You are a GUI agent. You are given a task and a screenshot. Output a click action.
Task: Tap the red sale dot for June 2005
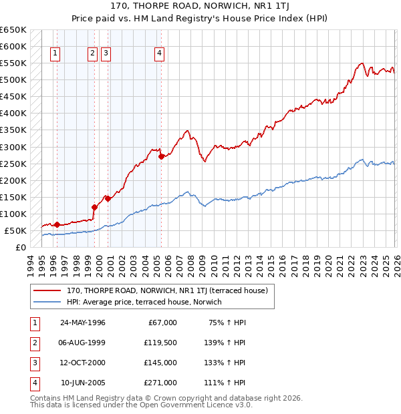(x=161, y=157)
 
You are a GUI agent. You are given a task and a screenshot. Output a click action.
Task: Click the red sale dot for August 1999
(x=94, y=207)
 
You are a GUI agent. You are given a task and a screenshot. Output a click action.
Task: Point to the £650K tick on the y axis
(x=13, y=30)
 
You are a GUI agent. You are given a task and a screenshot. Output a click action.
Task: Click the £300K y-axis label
(x=13, y=147)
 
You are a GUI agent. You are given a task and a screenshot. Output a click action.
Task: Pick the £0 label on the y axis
(x=21, y=247)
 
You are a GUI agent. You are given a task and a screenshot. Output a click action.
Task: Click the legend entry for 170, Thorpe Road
(x=167, y=290)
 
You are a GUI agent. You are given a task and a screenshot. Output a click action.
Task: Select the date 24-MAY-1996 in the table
(x=83, y=323)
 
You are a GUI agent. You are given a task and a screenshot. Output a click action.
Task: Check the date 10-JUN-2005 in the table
(x=83, y=383)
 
